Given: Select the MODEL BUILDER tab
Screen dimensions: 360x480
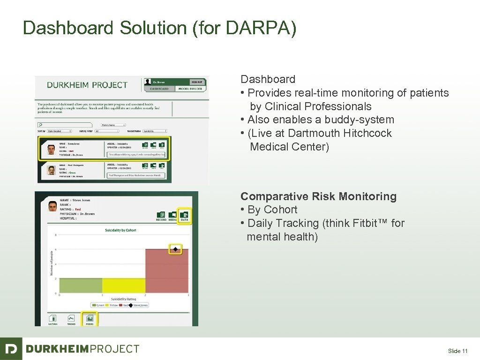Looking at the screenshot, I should (x=190, y=89).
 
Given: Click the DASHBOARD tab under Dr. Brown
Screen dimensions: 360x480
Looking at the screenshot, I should (x=159, y=89).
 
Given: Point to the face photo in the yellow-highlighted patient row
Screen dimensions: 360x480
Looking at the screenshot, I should (x=51, y=150).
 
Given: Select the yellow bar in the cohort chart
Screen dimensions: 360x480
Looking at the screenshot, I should (x=124, y=285).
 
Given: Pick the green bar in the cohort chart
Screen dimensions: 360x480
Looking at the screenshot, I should (x=81, y=285).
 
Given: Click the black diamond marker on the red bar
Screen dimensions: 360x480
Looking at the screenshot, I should (x=175, y=249).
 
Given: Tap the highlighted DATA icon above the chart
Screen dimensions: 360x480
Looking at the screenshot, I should (x=184, y=215).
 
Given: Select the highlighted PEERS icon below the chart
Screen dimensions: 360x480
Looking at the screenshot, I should (x=89, y=319).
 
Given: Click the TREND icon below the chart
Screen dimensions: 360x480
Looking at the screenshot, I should (x=71, y=319).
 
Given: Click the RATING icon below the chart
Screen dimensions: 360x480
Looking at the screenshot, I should (x=52, y=319).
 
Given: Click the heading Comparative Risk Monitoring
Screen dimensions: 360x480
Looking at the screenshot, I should (x=318, y=196).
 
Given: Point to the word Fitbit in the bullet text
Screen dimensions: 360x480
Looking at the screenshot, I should (x=366, y=223).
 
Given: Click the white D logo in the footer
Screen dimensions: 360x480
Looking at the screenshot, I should (x=11, y=349).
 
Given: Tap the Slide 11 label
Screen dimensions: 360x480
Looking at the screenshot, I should (x=457, y=351).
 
